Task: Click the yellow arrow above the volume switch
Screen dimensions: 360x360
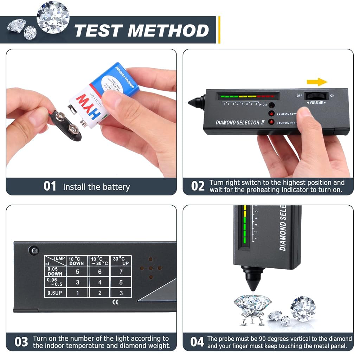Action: pos(317,82)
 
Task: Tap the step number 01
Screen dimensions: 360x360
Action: pos(50,186)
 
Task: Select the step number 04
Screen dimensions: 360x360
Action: pos(197,342)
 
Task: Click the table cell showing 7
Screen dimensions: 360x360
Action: pos(121,271)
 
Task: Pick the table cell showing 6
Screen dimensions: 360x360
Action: pos(99,271)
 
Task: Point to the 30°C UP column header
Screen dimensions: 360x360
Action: pos(121,261)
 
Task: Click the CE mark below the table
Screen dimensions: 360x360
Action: pos(115,302)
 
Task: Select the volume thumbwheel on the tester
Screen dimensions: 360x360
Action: pos(316,96)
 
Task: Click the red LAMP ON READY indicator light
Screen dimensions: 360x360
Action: pos(271,122)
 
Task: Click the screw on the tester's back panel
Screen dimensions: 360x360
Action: pos(34,250)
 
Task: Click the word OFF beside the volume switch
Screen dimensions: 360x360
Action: pos(299,96)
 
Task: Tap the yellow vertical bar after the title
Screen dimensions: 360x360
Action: pos(219,30)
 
